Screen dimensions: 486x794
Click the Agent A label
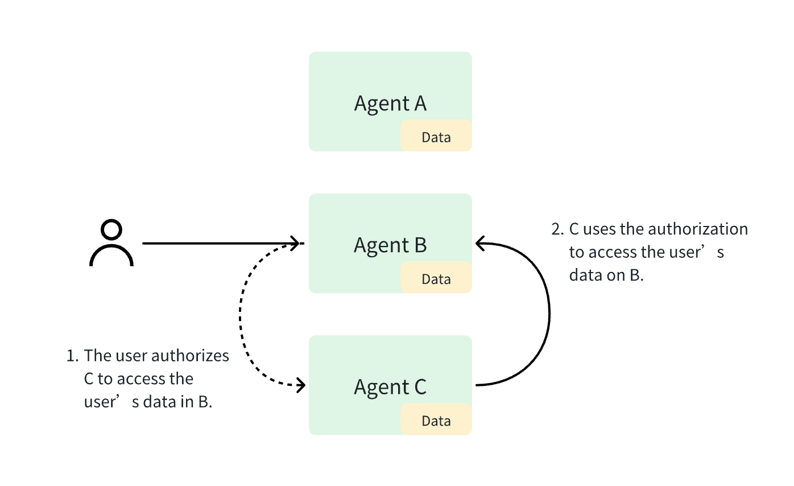tap(390, 104)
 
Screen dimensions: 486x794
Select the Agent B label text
tap(390, 245)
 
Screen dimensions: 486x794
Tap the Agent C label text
tap(390, 387)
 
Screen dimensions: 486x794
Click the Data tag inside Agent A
tap(436, 137)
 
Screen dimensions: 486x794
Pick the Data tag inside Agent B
tap(436, 279)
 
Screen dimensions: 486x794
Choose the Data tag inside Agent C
tap(436, 421)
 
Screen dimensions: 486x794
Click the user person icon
tap(111, 244)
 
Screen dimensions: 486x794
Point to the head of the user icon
tap(111, 230)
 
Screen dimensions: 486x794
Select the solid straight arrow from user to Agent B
tap(216, 244)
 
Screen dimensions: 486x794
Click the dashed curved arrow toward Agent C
tap(241, 319)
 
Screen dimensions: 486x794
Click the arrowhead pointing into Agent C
tap(301, 385)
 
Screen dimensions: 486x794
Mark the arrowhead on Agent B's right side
tap(481, 244)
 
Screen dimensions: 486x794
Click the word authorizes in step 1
tap(197, 356)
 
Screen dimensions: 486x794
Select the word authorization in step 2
tap(697, 229)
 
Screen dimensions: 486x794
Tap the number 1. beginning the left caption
tap(72, 356)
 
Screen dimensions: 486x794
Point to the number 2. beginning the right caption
tap(557, 229)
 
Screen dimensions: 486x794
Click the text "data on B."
tap(606, 275)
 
